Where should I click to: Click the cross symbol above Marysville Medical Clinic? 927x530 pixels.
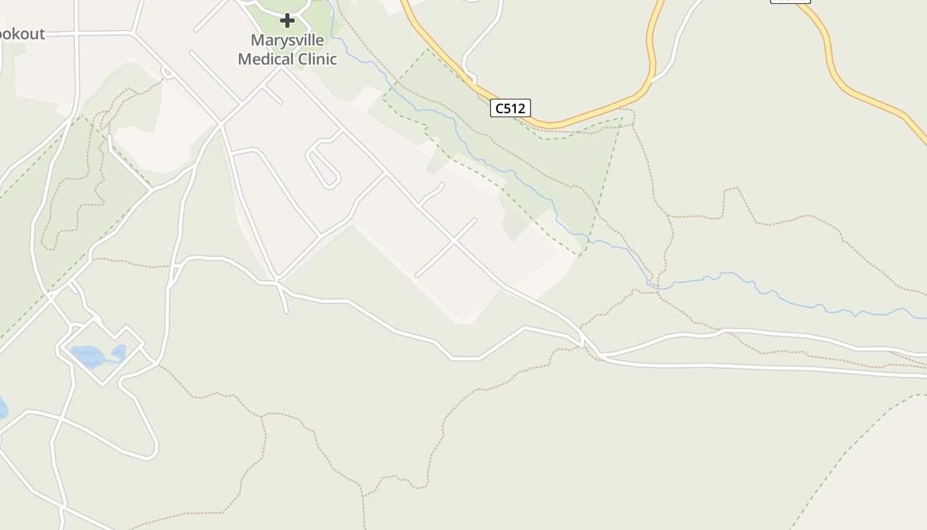[287, 21]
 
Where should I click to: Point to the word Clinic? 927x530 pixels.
[317, 59]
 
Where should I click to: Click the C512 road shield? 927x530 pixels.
[511, 108]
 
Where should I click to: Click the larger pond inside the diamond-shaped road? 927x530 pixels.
[87, 356]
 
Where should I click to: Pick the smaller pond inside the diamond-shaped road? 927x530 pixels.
[119, 350]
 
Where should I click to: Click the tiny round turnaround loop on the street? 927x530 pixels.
[168, 72]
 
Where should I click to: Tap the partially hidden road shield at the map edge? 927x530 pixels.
[790, 1]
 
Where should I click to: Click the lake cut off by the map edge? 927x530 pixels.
[2, 407]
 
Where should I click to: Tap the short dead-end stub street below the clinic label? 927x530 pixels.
[273, 95]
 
